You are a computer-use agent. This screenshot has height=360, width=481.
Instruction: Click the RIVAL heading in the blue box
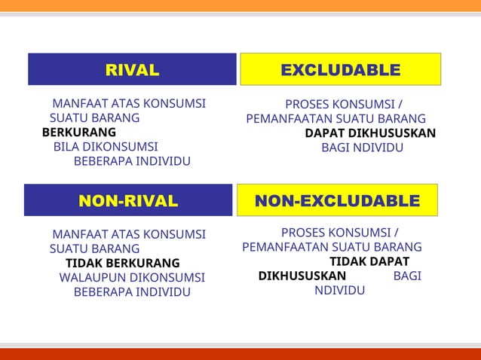tap(132, 71)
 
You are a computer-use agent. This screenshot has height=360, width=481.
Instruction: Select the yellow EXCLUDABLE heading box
tap(340, 69)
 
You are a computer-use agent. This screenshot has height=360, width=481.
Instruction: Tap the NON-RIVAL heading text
tap(128, 201)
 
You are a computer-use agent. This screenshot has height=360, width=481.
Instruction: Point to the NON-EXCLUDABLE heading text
tap(337, 201)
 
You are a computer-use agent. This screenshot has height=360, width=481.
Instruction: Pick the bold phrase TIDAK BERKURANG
tap(123, 263)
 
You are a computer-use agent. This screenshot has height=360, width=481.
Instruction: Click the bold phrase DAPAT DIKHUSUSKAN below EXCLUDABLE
tap(370, 133)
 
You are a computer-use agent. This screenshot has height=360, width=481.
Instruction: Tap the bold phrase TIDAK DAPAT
tap(369, 261)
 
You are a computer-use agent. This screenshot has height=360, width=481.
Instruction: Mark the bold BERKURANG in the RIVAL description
tap(74, 133)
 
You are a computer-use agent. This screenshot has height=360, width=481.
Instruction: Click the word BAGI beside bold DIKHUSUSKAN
tap(407, 276)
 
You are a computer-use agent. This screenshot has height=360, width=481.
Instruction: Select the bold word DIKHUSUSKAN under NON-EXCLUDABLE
tap(302, 276)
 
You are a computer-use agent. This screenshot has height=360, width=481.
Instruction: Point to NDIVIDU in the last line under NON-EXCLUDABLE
tap(340, 290)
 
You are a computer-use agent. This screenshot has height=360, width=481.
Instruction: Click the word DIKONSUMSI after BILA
tap(120, 146)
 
